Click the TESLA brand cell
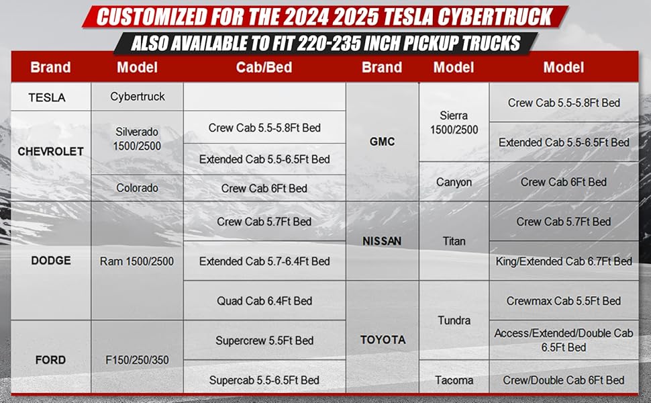(50, 97)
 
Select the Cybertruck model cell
(138, 97)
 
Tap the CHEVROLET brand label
(50, 152)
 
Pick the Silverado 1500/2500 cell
(138, 142)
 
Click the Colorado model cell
(138, 188)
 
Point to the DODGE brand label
(50, 261)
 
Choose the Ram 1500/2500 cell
(138, 261)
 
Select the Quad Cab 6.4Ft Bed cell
(264, 300)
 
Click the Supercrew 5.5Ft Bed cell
(264, 341)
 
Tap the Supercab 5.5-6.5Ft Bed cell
(264, 379)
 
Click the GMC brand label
(382, 142)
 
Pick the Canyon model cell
(454, 182)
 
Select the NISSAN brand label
(382, 241)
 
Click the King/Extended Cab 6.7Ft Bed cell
(564, 261)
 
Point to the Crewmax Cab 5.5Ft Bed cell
(564, 300)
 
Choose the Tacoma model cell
(454, 379)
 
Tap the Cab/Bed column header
(264, 67)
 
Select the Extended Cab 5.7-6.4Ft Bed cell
(264, 261)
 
